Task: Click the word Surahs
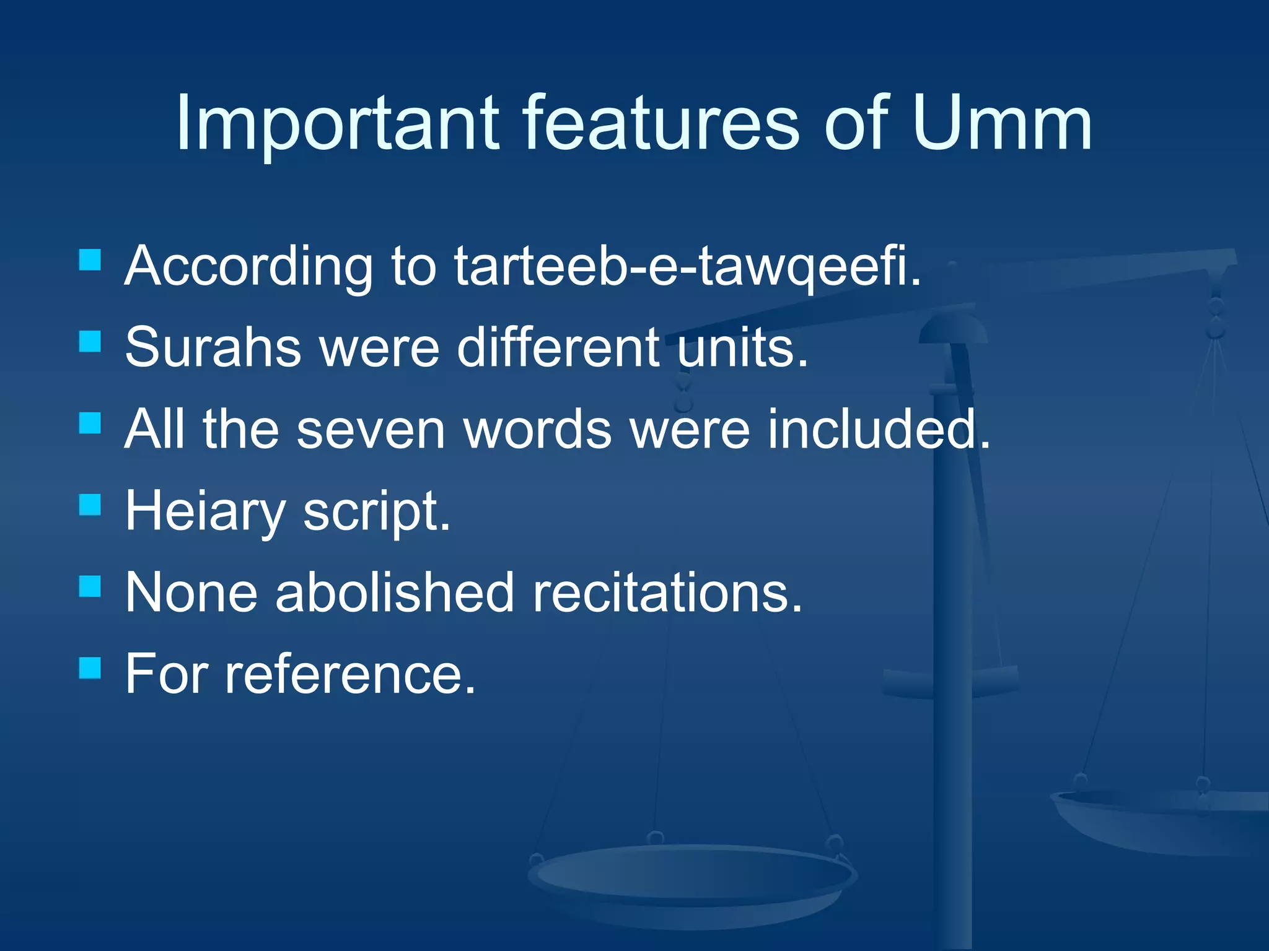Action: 213,348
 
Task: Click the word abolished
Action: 395,593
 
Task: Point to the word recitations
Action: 667,593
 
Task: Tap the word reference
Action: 350,675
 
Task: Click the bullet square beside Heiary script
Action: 90,505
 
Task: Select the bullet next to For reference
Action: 90,668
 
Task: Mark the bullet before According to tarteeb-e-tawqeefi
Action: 90,259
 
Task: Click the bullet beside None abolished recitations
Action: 90,586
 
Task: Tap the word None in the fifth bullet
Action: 191,593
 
